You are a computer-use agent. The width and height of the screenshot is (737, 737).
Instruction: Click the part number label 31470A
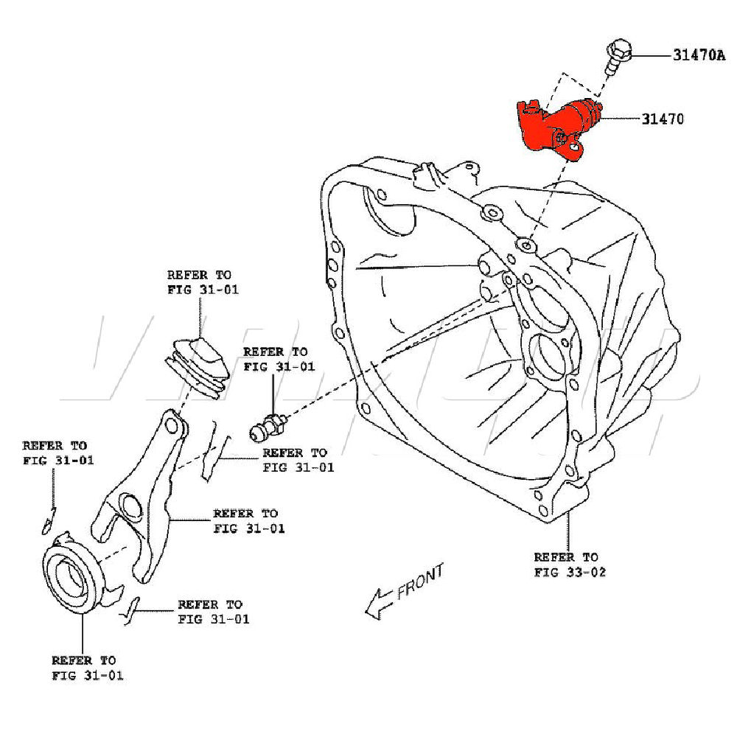698,55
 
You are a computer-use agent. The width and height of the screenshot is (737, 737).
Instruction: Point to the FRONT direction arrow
379,601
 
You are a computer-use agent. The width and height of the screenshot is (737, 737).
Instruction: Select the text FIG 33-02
570,571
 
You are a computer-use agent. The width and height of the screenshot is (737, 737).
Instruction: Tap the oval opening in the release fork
129,509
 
